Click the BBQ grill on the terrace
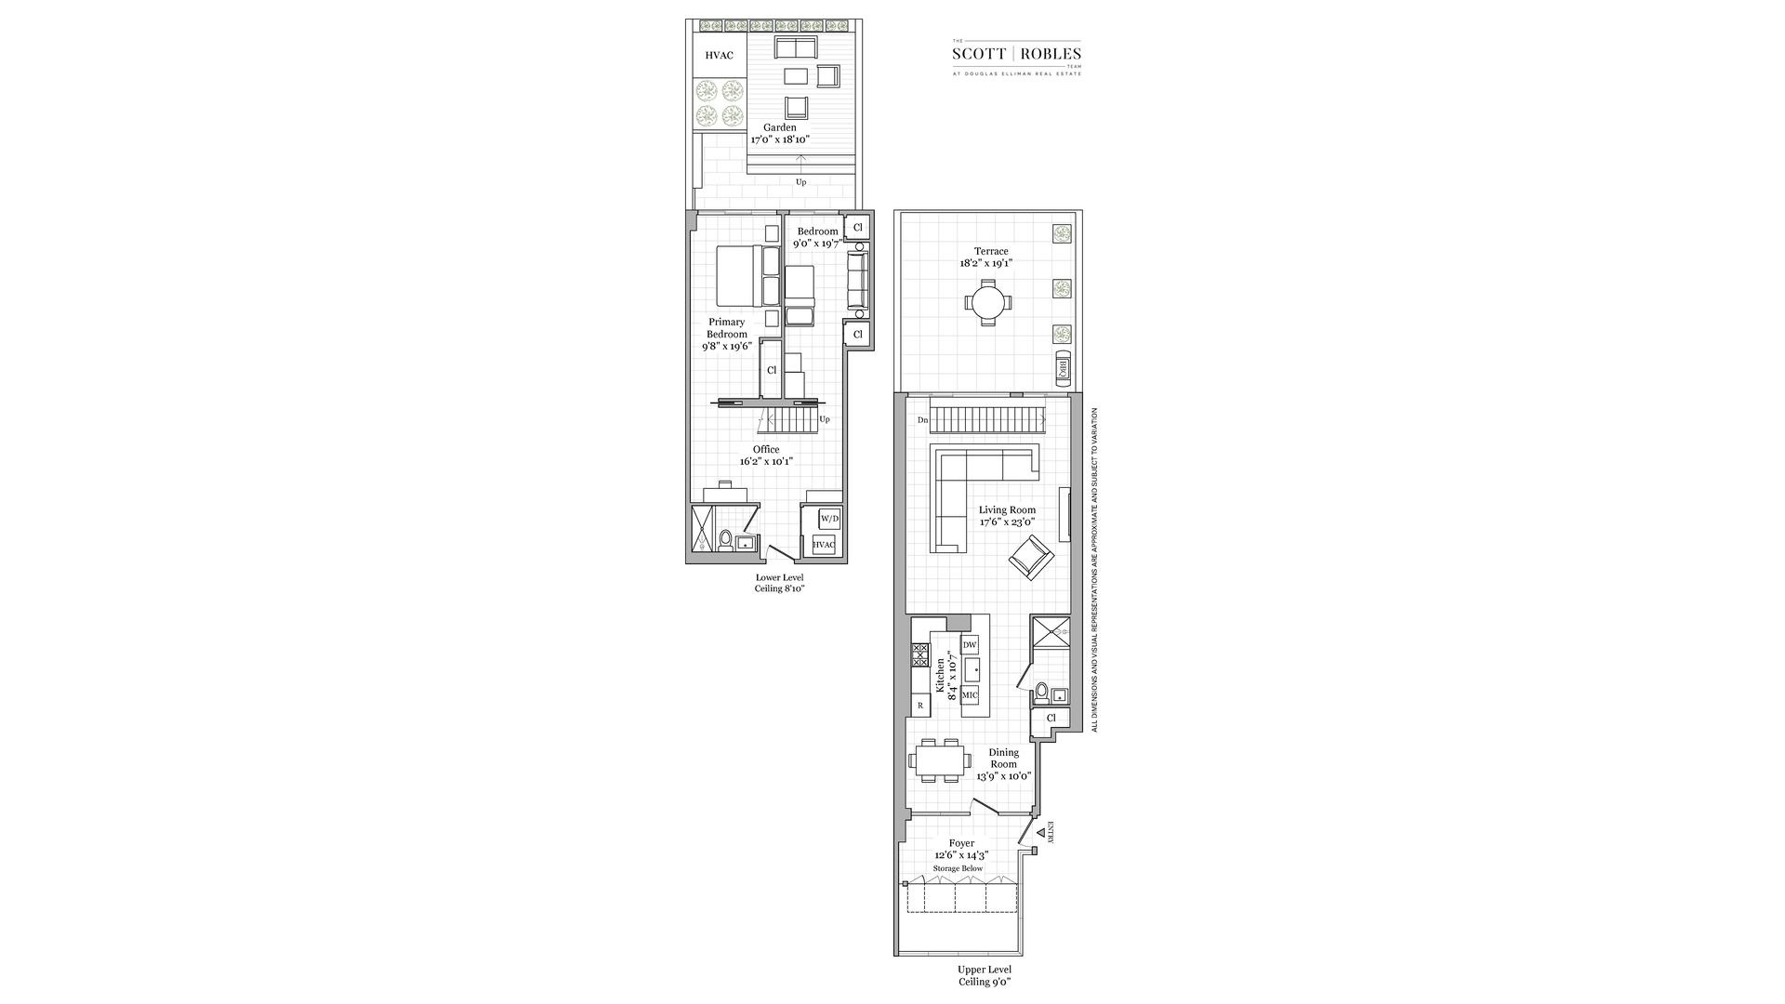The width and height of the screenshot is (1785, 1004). click(1061, 368)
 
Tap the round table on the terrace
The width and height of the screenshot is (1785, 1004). click(985, 301)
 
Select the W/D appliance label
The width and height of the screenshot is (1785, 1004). click(829, 519)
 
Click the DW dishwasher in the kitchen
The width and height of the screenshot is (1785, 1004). click(970, 644)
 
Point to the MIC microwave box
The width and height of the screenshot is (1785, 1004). click(970, 695)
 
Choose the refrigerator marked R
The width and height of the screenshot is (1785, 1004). click(920, 706)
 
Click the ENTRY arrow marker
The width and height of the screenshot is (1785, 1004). click(1041, 834)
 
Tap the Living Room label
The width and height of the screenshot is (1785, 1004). click(1007, 509)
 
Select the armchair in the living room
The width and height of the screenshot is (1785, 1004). click(1031, 560)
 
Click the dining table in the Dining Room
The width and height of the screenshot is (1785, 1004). click(937, 761)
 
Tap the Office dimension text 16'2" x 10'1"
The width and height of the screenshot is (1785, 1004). click(766, 461)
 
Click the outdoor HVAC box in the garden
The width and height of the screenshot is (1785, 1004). click(719, 56)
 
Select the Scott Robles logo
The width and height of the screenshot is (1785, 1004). click(1016, 56)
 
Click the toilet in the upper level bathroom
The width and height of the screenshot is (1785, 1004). click(1042, 693)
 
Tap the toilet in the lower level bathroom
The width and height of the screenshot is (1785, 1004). click(725, 539)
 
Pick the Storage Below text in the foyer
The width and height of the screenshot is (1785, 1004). click(958, 868)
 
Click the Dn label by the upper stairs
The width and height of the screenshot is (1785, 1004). click(922, 420)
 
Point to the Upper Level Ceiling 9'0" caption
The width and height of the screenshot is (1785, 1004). click(985, 975)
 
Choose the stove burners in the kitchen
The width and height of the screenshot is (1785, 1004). click(920, 656)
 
